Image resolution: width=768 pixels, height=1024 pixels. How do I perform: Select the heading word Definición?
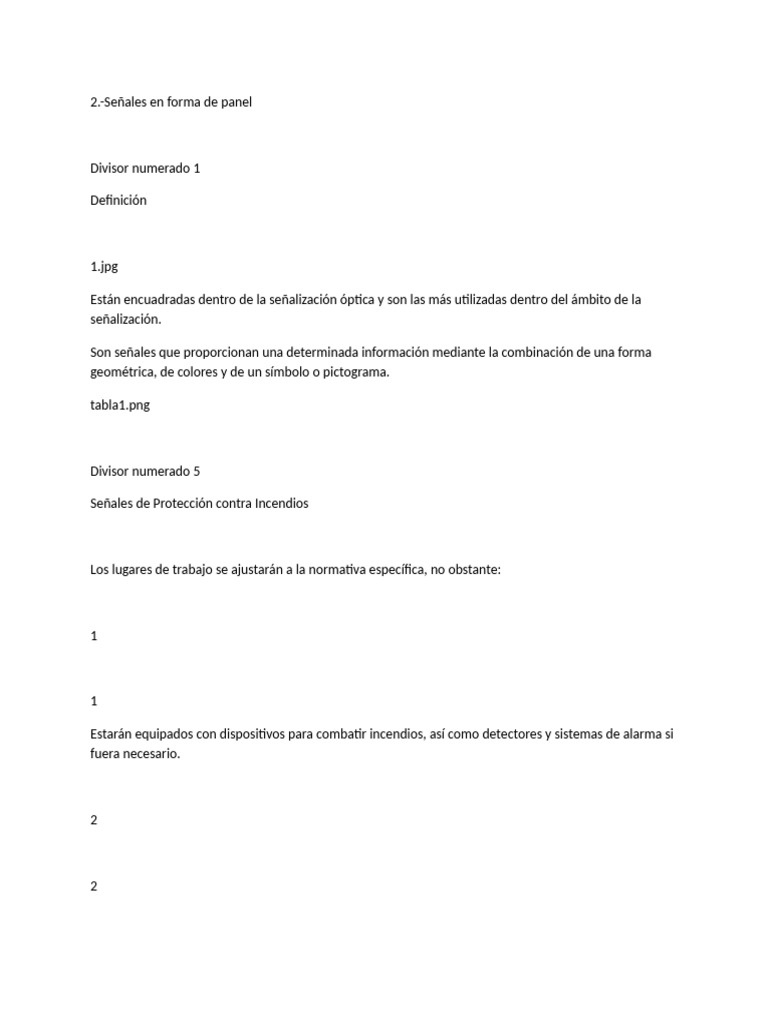pyautogui.click(x=118, y=200)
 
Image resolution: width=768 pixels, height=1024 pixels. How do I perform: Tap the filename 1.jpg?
pyautogui.click(x=104, y=267)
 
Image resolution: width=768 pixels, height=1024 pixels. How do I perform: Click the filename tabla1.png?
pyautogui.click(x=120, y=406)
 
